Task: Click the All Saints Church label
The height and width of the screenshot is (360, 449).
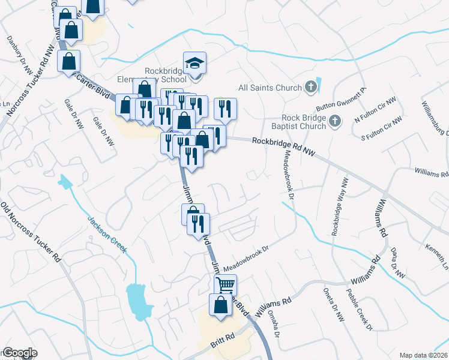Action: (270, 88)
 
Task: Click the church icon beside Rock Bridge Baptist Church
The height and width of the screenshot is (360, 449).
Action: (335, 122)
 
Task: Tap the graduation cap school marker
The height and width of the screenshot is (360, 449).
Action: (194, 64)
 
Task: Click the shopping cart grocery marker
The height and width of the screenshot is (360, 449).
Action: (225, 284)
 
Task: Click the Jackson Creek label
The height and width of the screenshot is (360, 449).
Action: (107, 234)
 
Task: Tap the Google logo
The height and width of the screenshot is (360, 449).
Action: (20, 353)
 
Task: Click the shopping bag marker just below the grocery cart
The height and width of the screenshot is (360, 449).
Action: (220, 304)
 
